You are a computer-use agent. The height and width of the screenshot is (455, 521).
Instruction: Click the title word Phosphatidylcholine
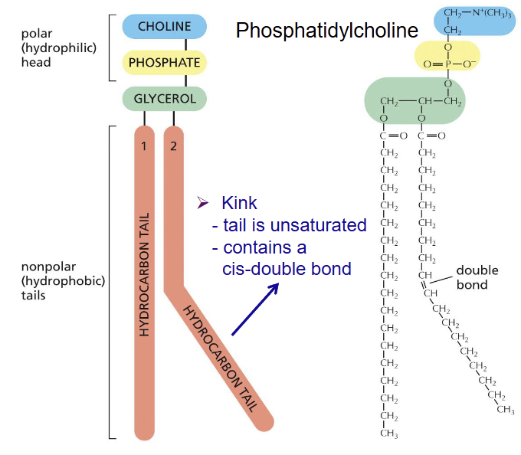327,31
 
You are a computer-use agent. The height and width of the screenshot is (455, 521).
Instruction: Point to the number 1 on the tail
143,146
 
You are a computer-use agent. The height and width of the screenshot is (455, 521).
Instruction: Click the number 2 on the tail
173,146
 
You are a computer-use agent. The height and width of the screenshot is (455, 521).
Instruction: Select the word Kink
239,204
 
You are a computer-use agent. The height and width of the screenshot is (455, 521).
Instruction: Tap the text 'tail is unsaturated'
289,226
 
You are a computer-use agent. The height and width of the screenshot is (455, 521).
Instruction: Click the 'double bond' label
477,277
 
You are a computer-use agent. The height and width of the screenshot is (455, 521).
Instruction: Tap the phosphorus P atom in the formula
447,64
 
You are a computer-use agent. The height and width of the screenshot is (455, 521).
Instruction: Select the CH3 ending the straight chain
389,434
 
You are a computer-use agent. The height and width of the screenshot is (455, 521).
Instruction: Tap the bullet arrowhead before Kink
203,204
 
